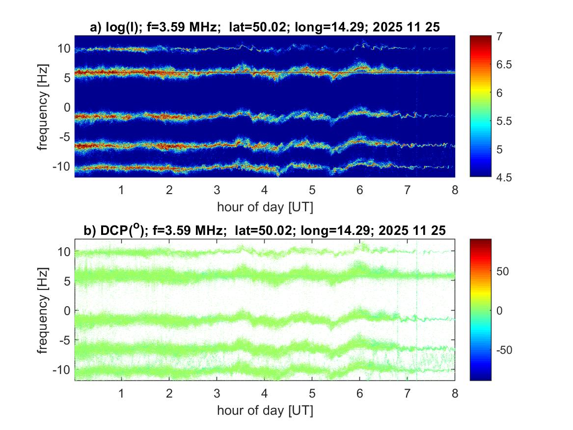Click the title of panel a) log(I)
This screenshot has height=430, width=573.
265,28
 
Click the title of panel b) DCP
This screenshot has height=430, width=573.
265,231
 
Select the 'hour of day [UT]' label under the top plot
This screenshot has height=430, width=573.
265,207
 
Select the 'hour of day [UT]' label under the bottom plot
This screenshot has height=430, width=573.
265,410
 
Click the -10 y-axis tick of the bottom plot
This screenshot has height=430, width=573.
62,369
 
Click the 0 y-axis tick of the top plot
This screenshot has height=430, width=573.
67,107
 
